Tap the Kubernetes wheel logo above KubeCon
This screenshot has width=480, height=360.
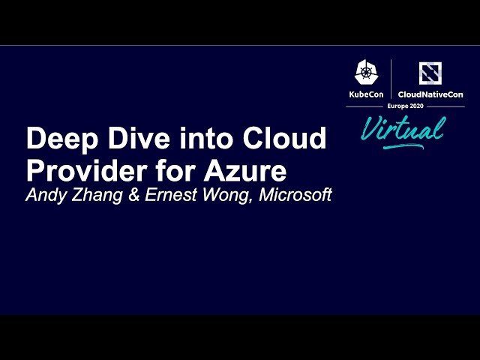[366, 73]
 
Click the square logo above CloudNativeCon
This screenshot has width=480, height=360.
[430, 73]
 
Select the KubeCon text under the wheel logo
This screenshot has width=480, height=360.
[366, 94]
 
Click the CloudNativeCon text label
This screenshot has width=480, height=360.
[430, 94]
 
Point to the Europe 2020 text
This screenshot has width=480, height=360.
[405, 107]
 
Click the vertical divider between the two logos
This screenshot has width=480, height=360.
[391, 79]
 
